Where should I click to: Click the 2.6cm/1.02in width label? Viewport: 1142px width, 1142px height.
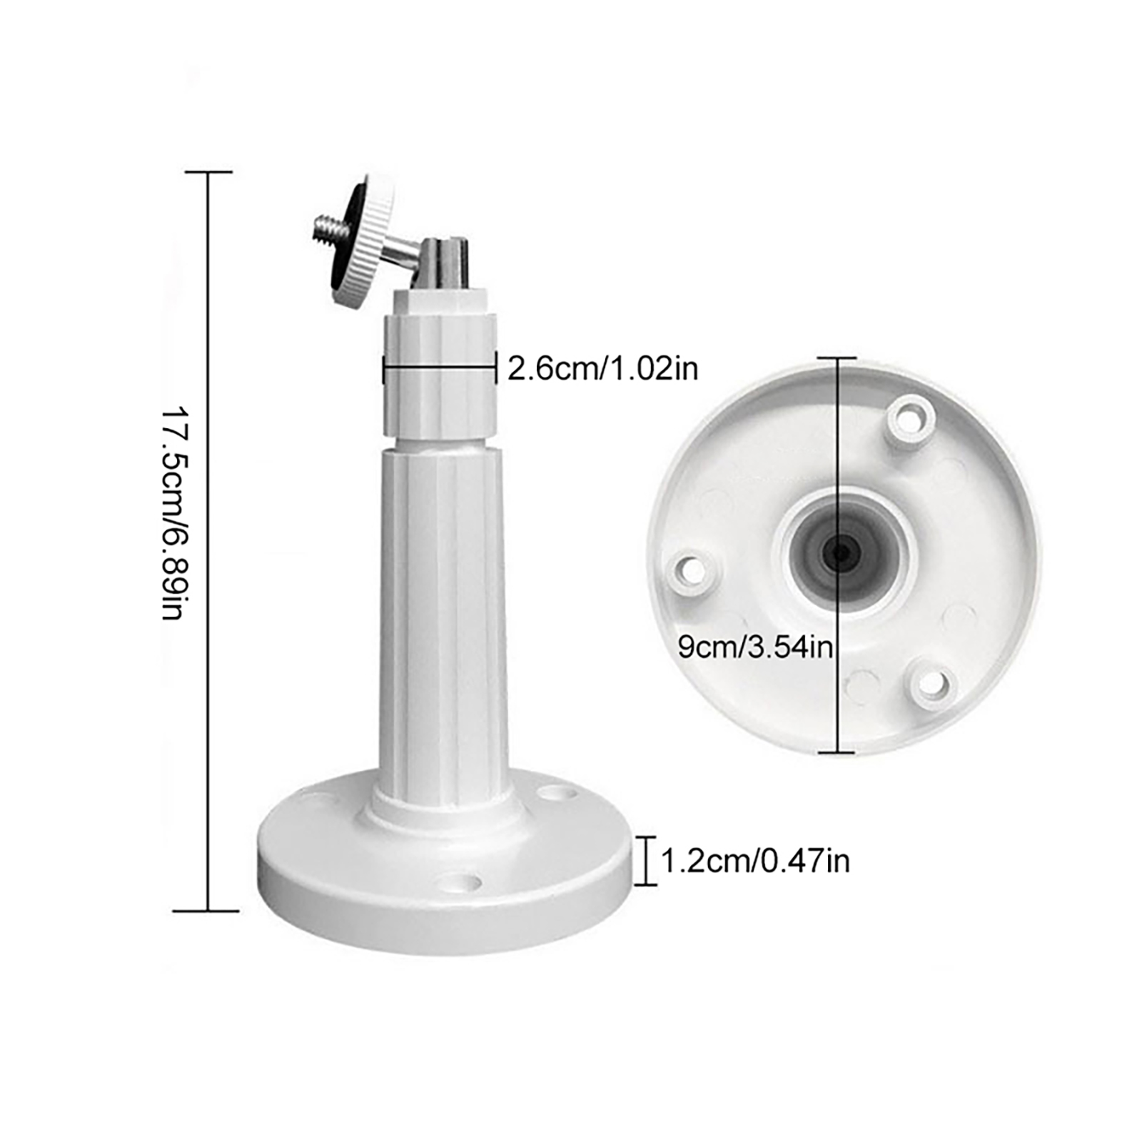602,369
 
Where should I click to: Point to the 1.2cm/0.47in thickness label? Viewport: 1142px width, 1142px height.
755,861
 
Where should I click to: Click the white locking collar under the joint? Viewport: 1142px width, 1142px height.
440,376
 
